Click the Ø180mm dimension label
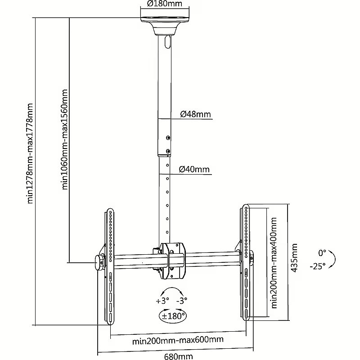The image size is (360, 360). click(165, 4)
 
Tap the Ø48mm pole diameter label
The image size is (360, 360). click(195, 114)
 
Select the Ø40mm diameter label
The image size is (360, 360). click(194, 169)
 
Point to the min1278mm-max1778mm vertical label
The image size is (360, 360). click(30, 153)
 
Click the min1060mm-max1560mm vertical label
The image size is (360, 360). click(65, 139)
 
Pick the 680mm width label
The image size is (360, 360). click(178, 356)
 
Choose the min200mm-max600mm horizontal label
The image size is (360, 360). click(178, 340)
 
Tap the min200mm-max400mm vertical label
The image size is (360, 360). click(274, 263)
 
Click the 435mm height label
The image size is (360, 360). click(294, 258)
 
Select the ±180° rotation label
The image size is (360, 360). click(173, 316)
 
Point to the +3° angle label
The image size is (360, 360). click(162, 301)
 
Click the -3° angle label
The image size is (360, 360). click(182, 300)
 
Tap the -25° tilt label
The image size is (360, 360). click(318, 266)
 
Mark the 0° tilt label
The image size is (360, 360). click(322, 253)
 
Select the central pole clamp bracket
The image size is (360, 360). click(174, 261)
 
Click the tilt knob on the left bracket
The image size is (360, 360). click(99, 263)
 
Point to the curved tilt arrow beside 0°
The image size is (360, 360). click(333, 259)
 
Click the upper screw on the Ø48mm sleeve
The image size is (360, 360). click(168, 138)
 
